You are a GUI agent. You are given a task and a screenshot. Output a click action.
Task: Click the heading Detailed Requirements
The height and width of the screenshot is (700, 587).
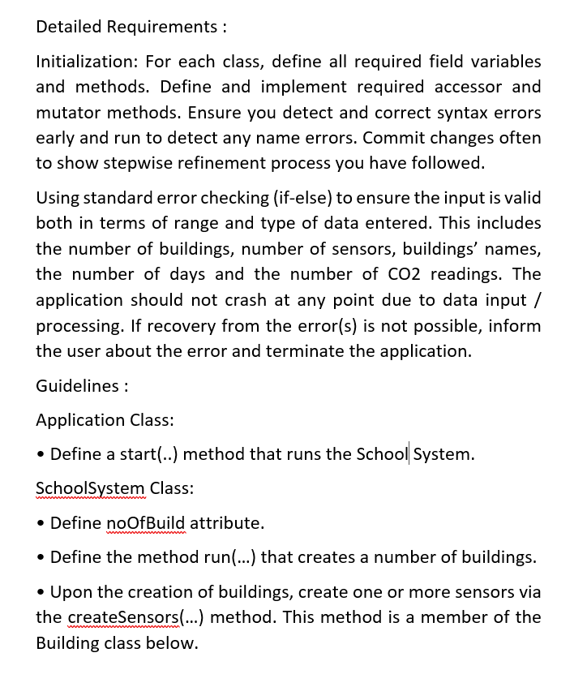pyautogui.click(x=127, y=27)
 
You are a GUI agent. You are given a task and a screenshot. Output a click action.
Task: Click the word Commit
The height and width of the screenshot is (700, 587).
pyautogui.click(x=395, y=138)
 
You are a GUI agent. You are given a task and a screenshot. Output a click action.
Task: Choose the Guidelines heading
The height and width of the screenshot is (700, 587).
pyautogui.click(x=81, y=386)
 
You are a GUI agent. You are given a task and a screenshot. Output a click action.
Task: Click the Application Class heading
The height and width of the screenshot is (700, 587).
pyautogui.click(x=105, y=420)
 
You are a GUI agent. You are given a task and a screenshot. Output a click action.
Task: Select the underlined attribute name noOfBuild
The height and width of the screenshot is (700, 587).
pyautogui.click(x=145, y=523)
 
